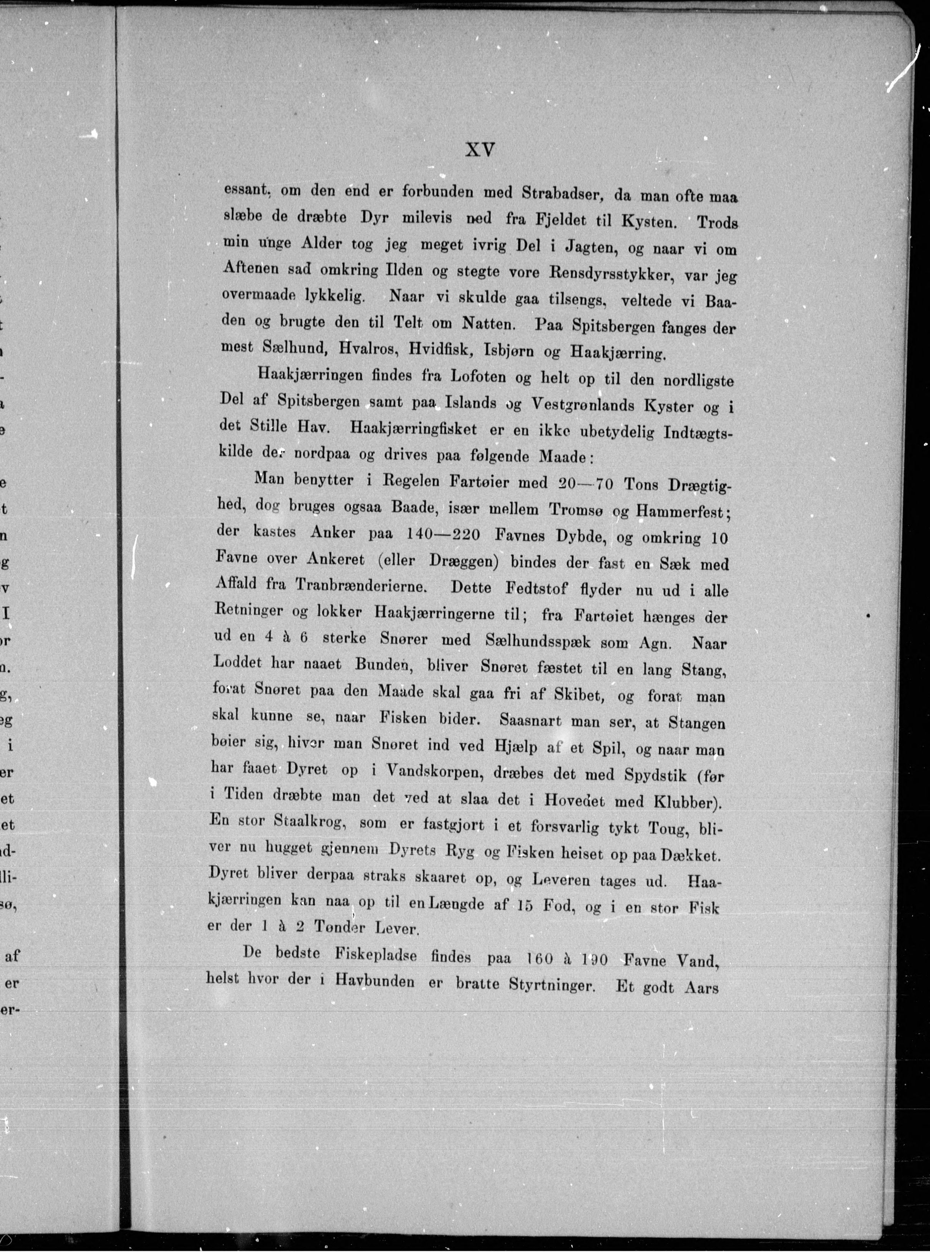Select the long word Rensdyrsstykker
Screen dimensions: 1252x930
click(x=596, y=274)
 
